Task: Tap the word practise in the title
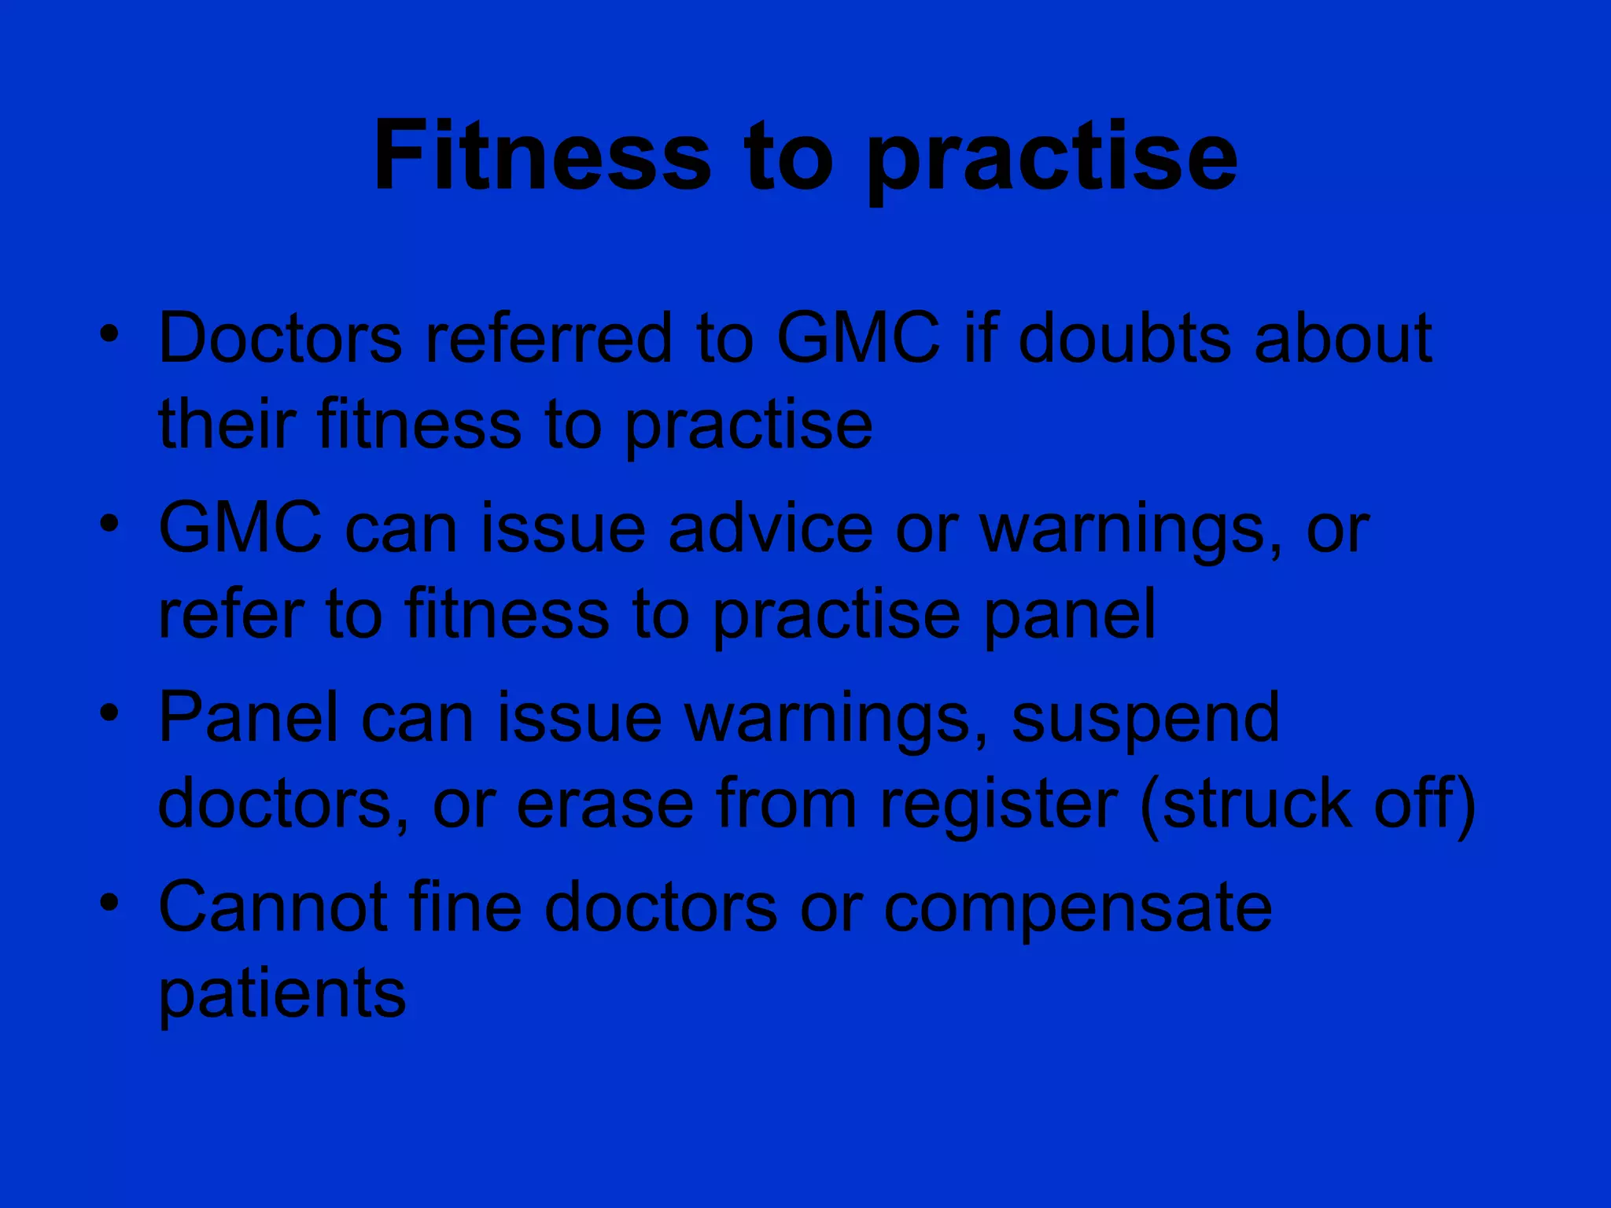1052,161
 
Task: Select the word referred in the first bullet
549,338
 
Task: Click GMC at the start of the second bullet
241,528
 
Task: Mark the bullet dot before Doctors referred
110,333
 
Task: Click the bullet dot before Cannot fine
110,902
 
